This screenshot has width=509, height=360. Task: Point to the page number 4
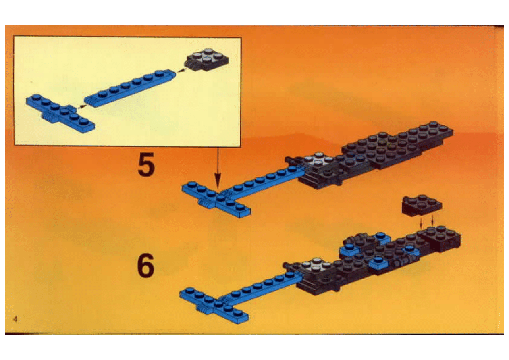pyautogui.click(x=15, y=320)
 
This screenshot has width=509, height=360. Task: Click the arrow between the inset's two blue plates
pyautogui.click(x=82, y=106)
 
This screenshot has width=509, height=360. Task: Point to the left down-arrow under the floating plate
pyautogui.click(x=421, y=222)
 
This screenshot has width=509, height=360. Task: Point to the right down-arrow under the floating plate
pyautogui.click(x=433, y=221)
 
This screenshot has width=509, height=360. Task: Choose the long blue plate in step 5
pyautogui.click(x=262, y=180)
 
